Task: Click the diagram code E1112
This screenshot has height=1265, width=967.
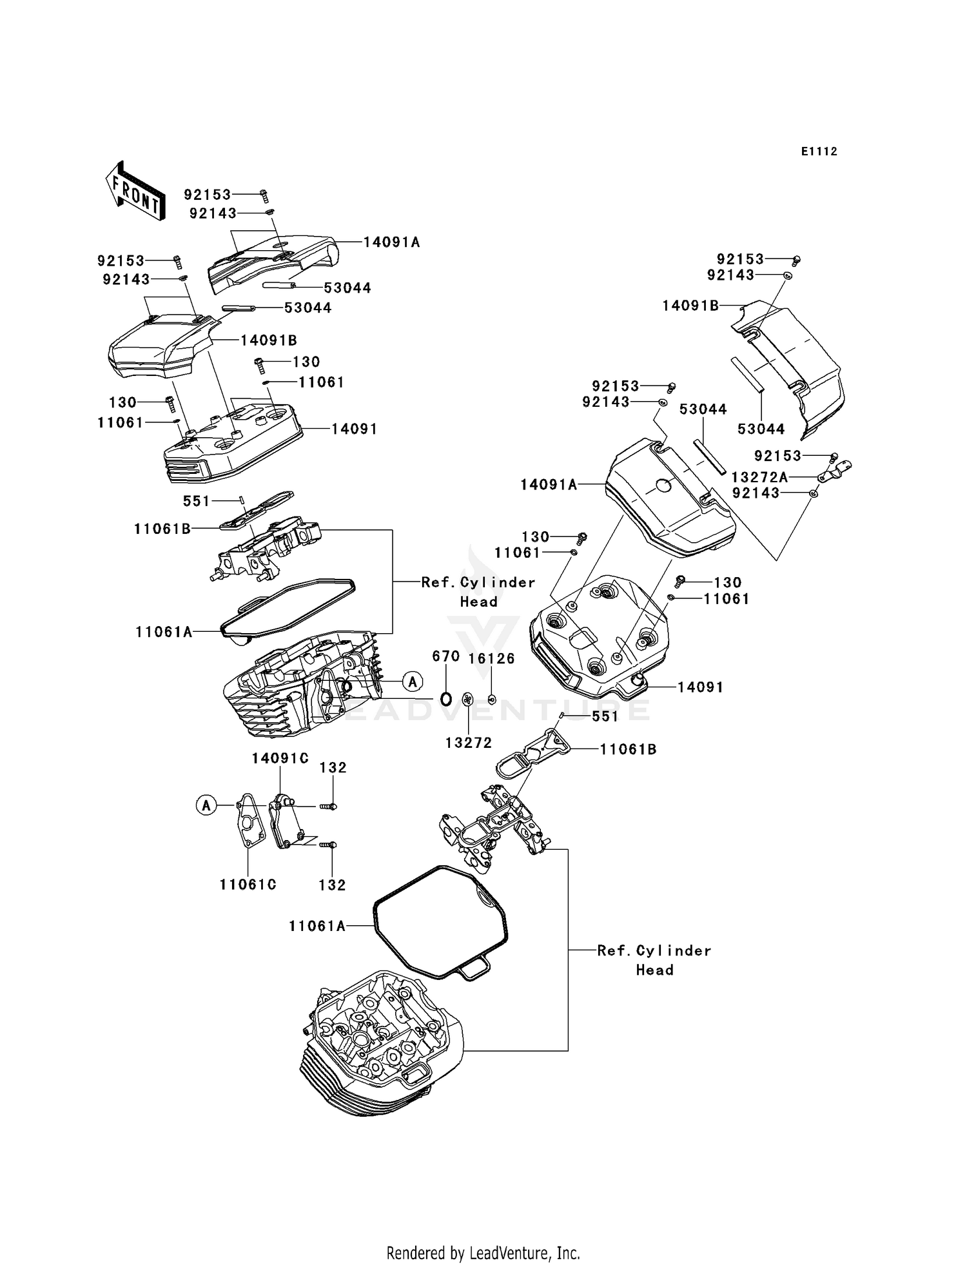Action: coord(819,152)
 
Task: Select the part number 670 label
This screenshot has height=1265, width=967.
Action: coord(445,656)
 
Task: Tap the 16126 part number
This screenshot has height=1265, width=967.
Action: coord(491,658)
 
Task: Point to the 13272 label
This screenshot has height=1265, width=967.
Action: coord(468,743)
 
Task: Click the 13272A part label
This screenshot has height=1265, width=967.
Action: coord(759,477)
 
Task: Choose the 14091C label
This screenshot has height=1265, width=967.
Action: coord(280,759)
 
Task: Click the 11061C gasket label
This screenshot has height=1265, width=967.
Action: coord(248,885)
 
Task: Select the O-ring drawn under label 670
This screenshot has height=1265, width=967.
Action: coord(445,698)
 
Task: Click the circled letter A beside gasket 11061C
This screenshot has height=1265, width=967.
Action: coord(206,805)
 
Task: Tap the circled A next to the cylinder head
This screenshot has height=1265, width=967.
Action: coord(413,681)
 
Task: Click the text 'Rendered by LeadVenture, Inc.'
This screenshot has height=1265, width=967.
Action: coord(483,1253)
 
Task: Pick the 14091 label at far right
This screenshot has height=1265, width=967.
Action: coord(700,687)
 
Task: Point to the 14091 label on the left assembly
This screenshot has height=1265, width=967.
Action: coord(354,429)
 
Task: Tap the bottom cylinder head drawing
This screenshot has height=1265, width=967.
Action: coord(380,1044)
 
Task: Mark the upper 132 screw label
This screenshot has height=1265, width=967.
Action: coord(333,768)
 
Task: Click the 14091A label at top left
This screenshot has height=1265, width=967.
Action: coord(391,242)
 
